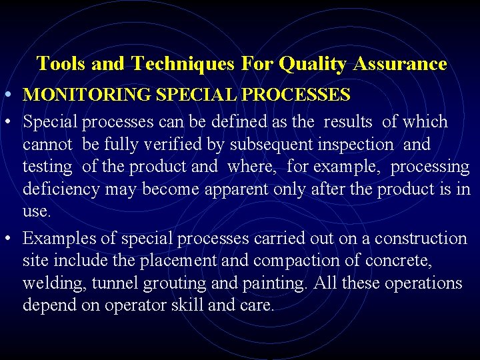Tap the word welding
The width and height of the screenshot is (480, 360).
coord(48,283)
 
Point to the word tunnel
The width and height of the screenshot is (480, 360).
coord(112,283)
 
